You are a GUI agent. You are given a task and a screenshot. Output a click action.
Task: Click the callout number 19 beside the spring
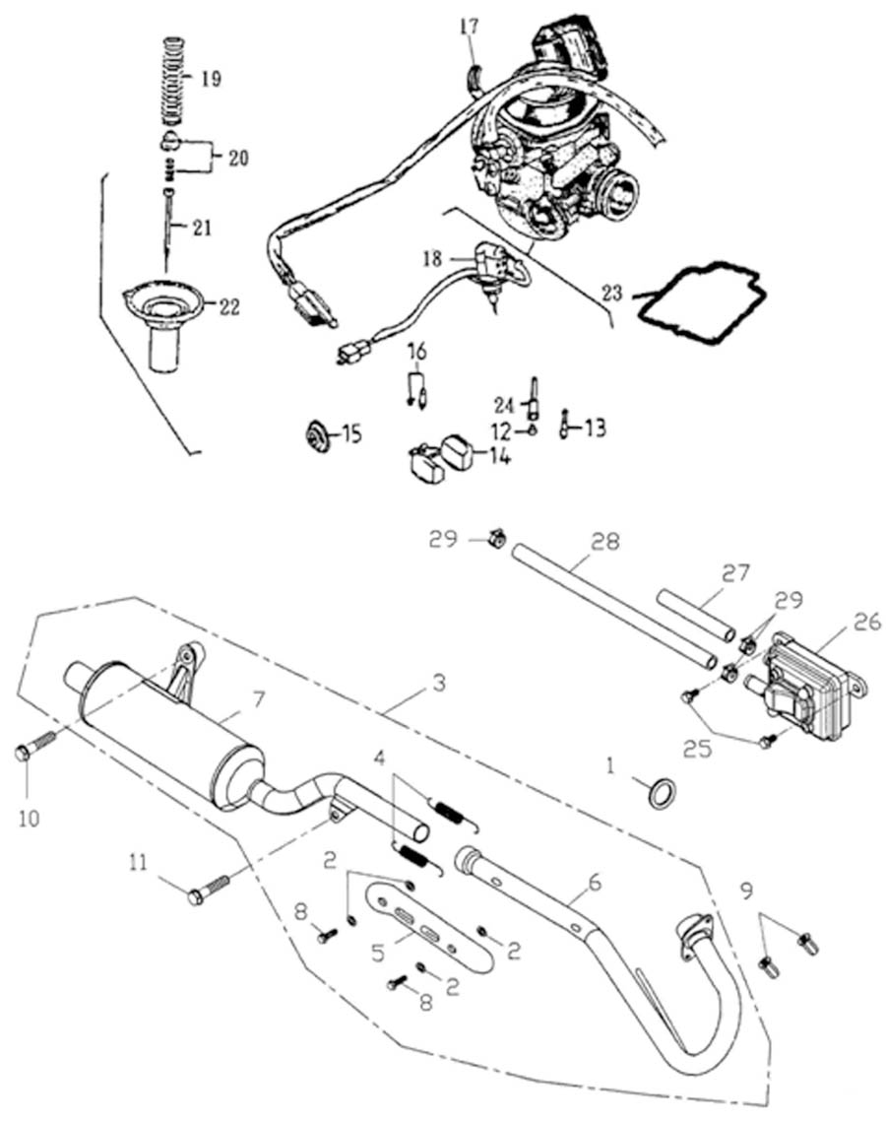pos(210,78)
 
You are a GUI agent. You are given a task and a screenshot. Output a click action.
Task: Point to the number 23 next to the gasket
pos(612,292)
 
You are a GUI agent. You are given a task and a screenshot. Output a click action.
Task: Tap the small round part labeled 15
pos(317,434)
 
